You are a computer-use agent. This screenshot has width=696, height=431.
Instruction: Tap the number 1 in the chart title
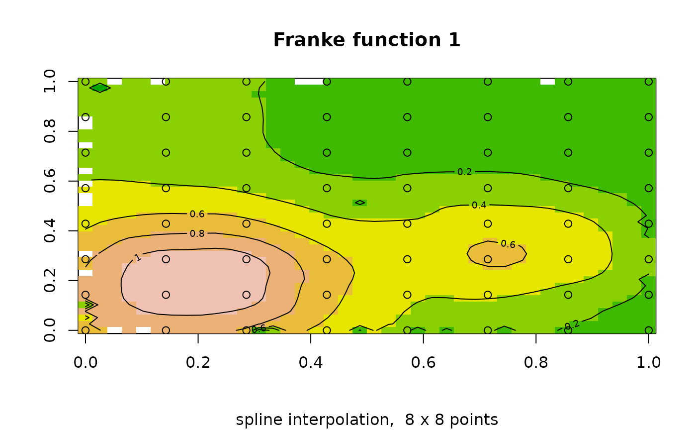[454, 40]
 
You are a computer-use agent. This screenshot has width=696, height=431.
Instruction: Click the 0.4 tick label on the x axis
[311, 362]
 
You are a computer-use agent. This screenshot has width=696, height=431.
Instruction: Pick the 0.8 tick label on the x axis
[536, 362]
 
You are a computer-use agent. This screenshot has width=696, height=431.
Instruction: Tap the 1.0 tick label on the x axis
[648, 362]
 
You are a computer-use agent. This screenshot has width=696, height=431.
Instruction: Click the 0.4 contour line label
[479, 205]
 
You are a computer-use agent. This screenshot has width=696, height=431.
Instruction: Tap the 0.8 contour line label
[197, 233]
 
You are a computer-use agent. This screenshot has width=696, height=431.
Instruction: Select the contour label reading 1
[138, 257]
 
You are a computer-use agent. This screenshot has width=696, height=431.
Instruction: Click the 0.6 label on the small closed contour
[508, 244]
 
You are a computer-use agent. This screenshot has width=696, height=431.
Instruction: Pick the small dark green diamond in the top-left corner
[99, 88]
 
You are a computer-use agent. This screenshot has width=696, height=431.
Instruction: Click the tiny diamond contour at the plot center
[360, 203]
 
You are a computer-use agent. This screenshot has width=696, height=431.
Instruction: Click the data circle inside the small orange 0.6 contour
[488, 259]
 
